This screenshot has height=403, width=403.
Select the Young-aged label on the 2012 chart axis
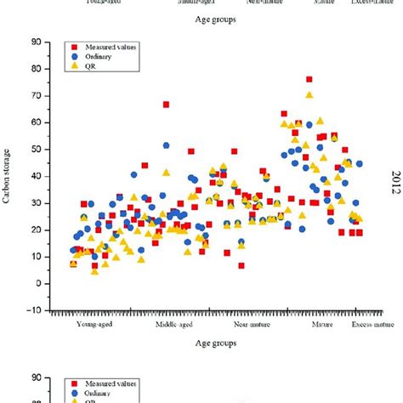[95, 324]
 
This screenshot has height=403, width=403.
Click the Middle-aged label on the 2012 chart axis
[176, 324]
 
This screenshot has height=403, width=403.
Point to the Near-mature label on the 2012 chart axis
[253, 324]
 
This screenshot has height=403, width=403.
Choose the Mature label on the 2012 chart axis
[321, 324]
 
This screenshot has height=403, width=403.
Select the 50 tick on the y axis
[34, 149]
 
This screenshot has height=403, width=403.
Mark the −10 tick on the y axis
[31, 309]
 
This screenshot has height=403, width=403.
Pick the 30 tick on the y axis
[34, 202]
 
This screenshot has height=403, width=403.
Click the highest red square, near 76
[309, 80]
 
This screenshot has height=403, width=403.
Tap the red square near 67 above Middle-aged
[166, 105]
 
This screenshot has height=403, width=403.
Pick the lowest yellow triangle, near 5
[95, 270]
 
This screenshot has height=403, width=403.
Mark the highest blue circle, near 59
[309, 125]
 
